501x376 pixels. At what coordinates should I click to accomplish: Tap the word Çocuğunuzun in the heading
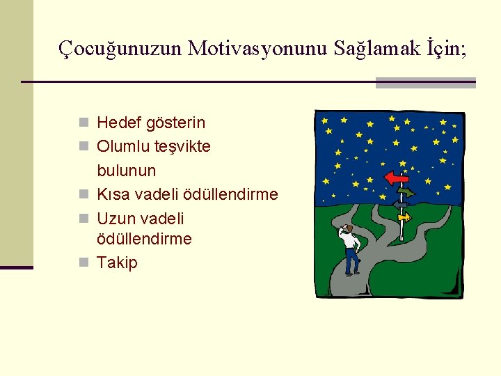coord(120,49)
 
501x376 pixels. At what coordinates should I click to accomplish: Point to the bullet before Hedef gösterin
coord(83,123)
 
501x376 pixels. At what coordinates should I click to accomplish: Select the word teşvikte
coord(183,147)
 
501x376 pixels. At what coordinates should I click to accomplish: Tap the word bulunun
coord(126,171)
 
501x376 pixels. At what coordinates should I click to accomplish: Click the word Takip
coord(117,263)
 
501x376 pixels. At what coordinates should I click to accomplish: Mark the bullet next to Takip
coord(83,263)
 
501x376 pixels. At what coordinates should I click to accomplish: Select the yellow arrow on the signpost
coord(404,217)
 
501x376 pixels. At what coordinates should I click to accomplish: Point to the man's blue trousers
coord(352,262)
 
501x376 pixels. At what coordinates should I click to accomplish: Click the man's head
coord(348,228)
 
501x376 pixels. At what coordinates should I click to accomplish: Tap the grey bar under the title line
coord(425,84)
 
